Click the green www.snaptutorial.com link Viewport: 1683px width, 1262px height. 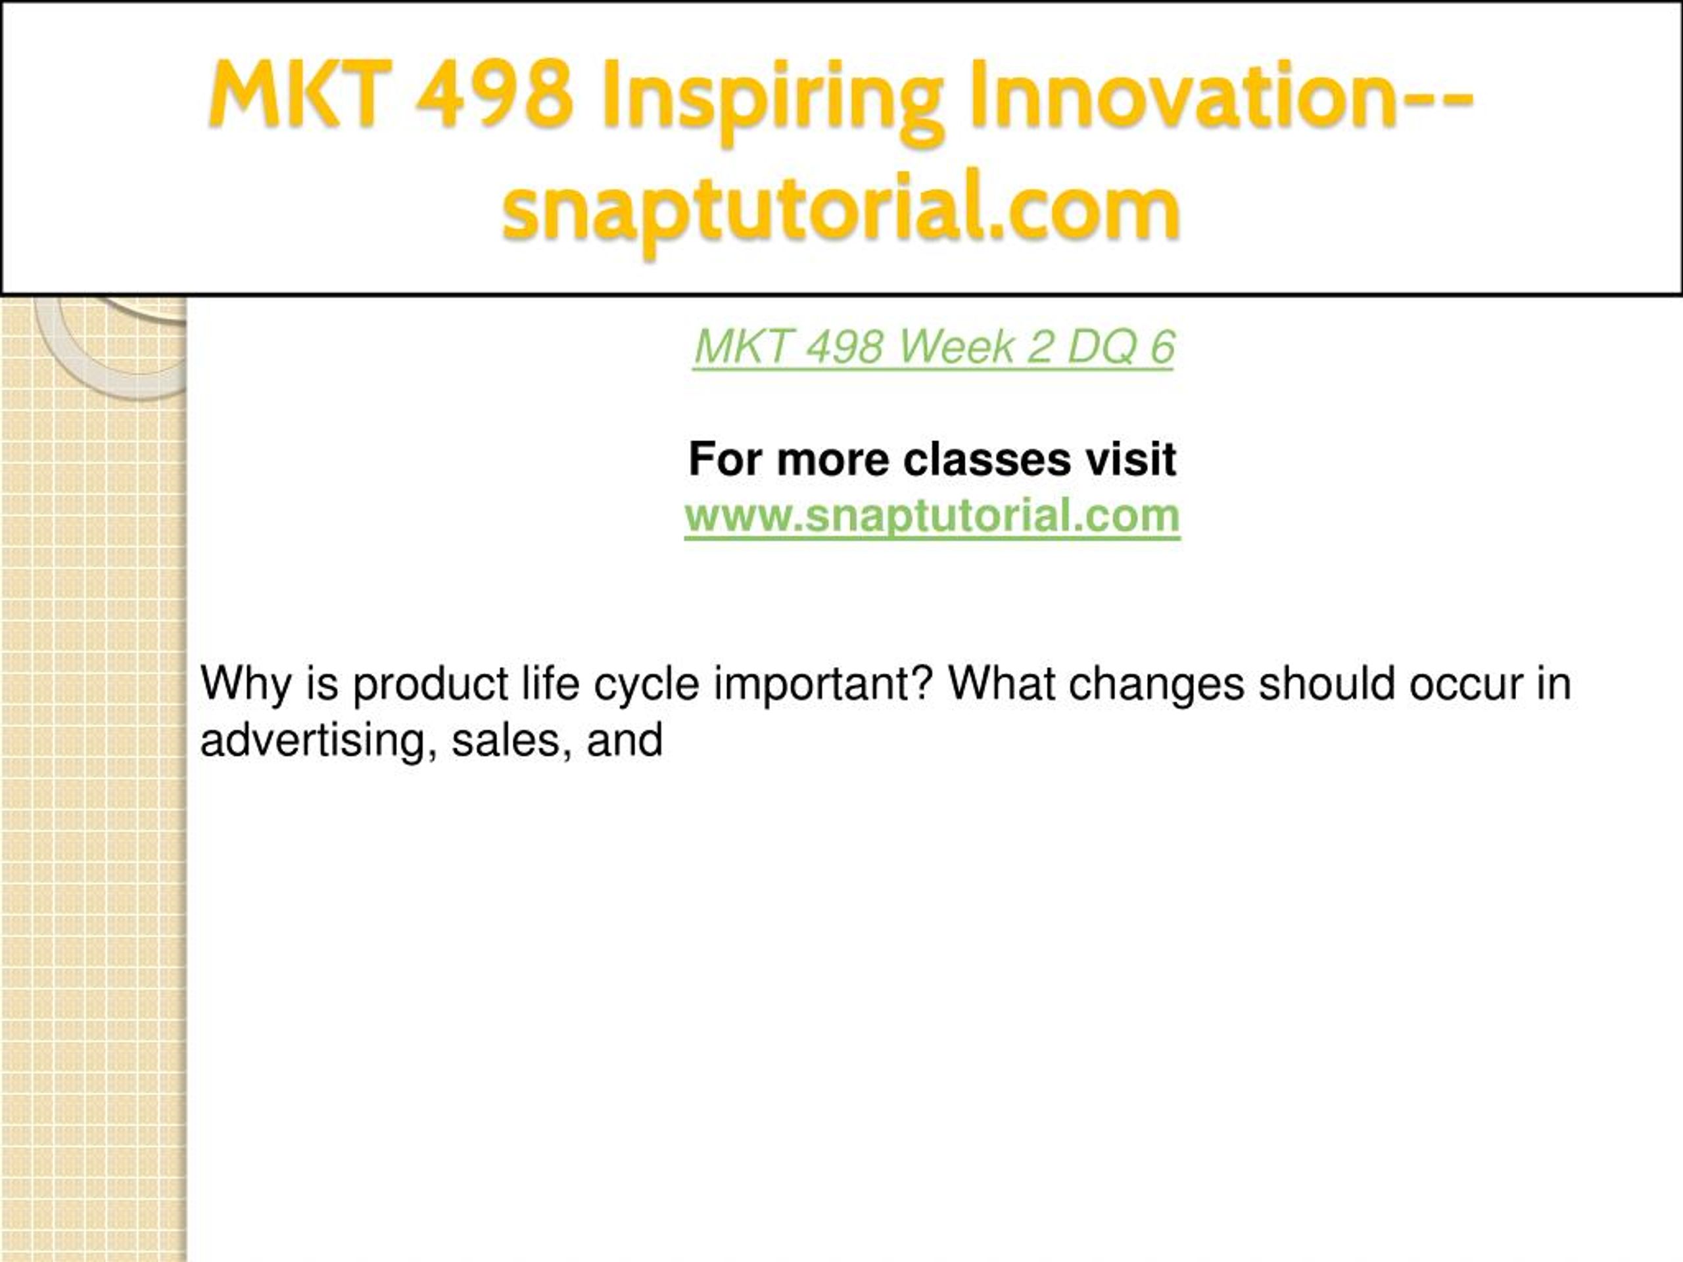(932, 516)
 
